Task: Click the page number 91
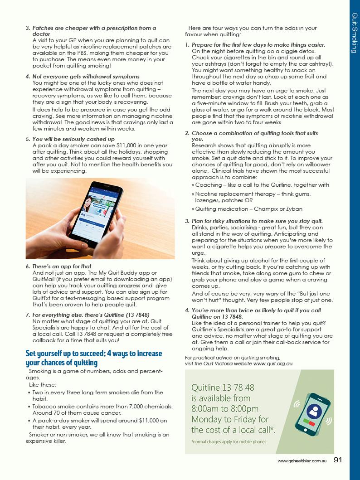point(337,460)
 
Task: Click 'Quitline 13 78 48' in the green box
point(223,388)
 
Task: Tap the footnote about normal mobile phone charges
point(229,441)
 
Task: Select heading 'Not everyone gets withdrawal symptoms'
point(86,77)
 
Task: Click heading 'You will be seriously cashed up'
point(73,139)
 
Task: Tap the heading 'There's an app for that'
point(62,267)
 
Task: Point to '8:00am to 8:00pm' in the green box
point(225,408)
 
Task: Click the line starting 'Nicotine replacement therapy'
point(253,194)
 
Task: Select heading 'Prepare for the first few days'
point(258,45)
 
